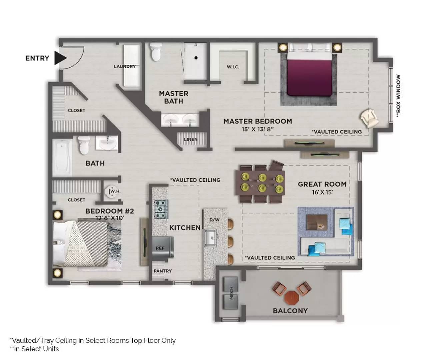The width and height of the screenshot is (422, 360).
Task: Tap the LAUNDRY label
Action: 125,66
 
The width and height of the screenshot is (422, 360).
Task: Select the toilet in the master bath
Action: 156,52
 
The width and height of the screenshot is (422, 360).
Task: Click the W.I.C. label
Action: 233,67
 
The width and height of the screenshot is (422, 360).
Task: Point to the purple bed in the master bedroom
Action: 310,74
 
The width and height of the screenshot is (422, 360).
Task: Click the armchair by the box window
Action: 369,118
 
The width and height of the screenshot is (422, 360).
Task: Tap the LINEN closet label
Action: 191,139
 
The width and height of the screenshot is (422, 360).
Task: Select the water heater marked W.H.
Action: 112,192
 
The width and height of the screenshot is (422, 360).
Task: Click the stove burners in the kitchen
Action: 161,209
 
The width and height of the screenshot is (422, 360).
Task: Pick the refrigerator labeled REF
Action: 163,248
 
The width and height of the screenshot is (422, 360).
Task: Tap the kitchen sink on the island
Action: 210,237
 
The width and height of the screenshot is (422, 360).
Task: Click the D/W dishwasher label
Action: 214,220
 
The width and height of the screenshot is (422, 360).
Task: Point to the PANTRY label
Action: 163,271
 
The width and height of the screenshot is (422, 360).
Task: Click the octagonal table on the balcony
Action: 292,298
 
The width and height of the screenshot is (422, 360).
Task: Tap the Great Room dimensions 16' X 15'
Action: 322,192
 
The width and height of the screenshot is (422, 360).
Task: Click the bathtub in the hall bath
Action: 62,158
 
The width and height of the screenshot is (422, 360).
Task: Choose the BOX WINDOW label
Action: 398,96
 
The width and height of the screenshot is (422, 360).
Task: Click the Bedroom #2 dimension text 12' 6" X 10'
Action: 110,218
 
